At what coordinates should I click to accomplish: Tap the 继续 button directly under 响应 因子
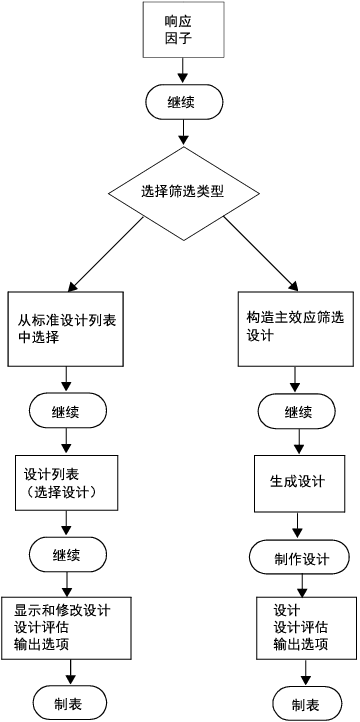coord(181,101)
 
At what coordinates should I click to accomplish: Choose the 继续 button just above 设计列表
coord(67,411)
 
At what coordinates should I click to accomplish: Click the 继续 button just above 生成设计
coord(297,411)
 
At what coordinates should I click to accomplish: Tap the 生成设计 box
coord(297,482)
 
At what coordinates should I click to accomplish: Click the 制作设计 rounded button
coord(297,558)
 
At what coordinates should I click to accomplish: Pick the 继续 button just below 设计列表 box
coord(67,553)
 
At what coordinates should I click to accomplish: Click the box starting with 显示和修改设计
coord(67,627)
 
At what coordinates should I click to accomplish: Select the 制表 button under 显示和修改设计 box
coord(67,702)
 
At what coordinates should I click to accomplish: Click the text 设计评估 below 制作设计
coord(301,627)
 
